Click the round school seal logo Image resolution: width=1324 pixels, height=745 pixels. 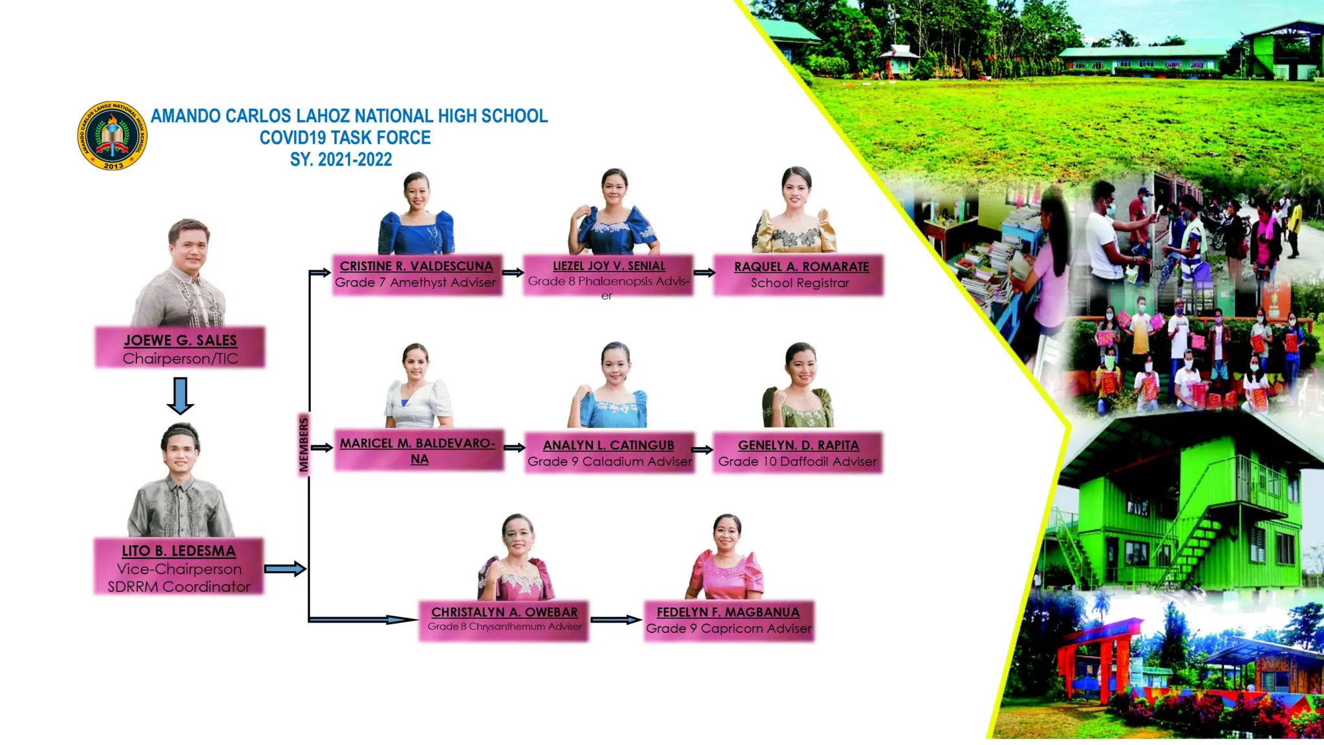112,136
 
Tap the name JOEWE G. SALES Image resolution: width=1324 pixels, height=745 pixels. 180,340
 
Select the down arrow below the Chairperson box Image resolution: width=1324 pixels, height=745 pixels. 180,395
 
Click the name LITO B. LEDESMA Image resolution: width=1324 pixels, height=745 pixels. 178,551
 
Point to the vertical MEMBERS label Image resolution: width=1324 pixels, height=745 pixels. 303,444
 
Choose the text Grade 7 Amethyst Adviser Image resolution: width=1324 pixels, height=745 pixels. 416,283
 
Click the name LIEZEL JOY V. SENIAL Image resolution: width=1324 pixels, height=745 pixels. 608,266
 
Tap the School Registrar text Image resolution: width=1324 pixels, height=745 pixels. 800,283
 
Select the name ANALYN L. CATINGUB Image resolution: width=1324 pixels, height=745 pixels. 608,445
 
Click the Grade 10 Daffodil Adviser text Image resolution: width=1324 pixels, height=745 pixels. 798,462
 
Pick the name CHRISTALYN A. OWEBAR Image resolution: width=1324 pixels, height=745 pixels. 504,612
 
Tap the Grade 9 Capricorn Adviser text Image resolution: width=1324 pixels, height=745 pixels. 729,629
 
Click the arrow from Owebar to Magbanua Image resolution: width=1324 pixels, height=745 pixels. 615,620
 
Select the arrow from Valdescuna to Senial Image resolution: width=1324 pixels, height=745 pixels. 513,272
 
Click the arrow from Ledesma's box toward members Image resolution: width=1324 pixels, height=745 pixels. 284,569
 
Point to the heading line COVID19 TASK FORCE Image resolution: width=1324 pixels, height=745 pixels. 345,138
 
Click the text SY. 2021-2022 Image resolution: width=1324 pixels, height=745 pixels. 341,160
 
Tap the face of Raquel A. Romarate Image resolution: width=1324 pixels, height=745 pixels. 796,188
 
